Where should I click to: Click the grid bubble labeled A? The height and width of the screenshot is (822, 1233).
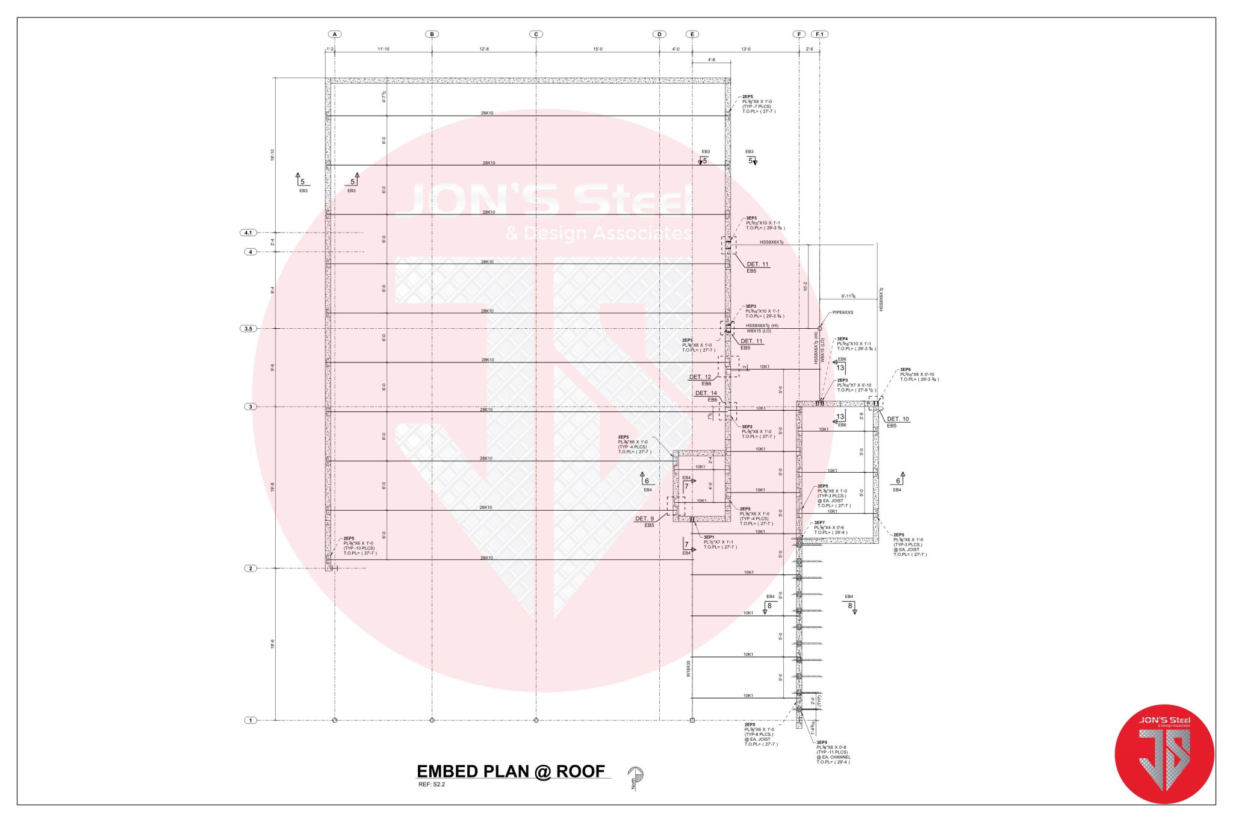tap(335, 34)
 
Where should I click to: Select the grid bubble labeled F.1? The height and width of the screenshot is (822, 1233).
tap(819, 34)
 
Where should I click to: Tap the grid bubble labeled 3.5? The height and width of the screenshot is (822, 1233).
tap(248, 329)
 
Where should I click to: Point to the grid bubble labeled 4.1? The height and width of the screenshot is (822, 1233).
tap(248, 232)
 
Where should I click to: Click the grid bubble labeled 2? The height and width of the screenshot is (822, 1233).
tap(250, 568)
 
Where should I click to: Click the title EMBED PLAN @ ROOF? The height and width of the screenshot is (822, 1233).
tap(511, 771)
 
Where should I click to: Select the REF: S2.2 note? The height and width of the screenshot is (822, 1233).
tap(431, 784)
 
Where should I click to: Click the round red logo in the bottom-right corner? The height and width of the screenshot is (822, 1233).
tap(1164, 754)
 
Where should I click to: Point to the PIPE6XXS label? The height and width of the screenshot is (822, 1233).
tap(842, 313)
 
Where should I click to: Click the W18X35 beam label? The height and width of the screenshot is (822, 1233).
tap(689, 669)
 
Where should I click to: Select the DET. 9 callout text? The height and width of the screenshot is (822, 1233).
tap(644, 518)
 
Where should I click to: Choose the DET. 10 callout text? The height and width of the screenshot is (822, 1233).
tap(898, 419)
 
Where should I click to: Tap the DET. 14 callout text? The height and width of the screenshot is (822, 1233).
tap(706, 393)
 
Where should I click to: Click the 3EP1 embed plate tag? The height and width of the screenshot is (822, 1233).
tap(709, 537)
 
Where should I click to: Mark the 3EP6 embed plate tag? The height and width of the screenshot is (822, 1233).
tap(905, 370)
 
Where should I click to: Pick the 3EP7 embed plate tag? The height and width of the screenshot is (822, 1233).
tap(819, 523)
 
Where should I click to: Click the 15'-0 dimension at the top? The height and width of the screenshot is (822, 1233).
tap(597, 49)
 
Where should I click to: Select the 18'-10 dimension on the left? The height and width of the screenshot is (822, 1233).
tap(273, 155)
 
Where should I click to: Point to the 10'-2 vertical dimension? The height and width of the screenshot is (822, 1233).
tap(805, 286)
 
